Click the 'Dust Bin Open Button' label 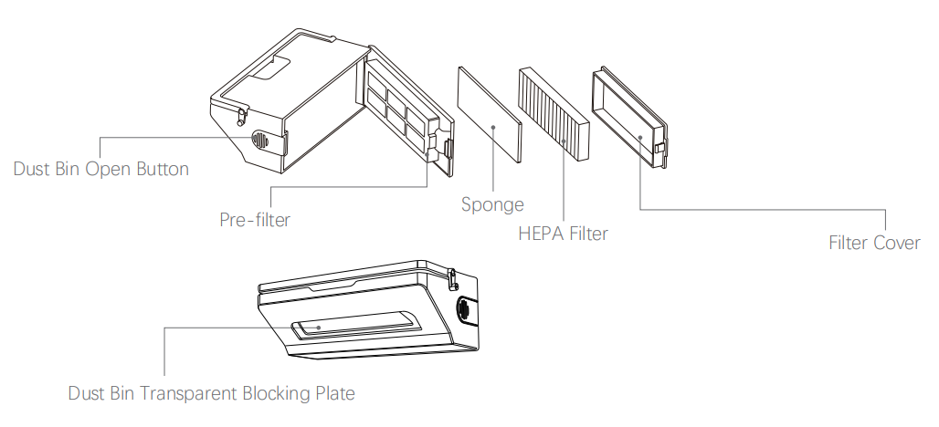(101, 170)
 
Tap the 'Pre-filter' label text (255, 220)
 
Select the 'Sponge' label (491, 204)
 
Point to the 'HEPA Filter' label (563, 234)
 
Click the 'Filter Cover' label (874, 244)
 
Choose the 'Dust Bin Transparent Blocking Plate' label (211, 394)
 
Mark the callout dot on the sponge (492, 128)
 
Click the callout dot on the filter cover (639, 137)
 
